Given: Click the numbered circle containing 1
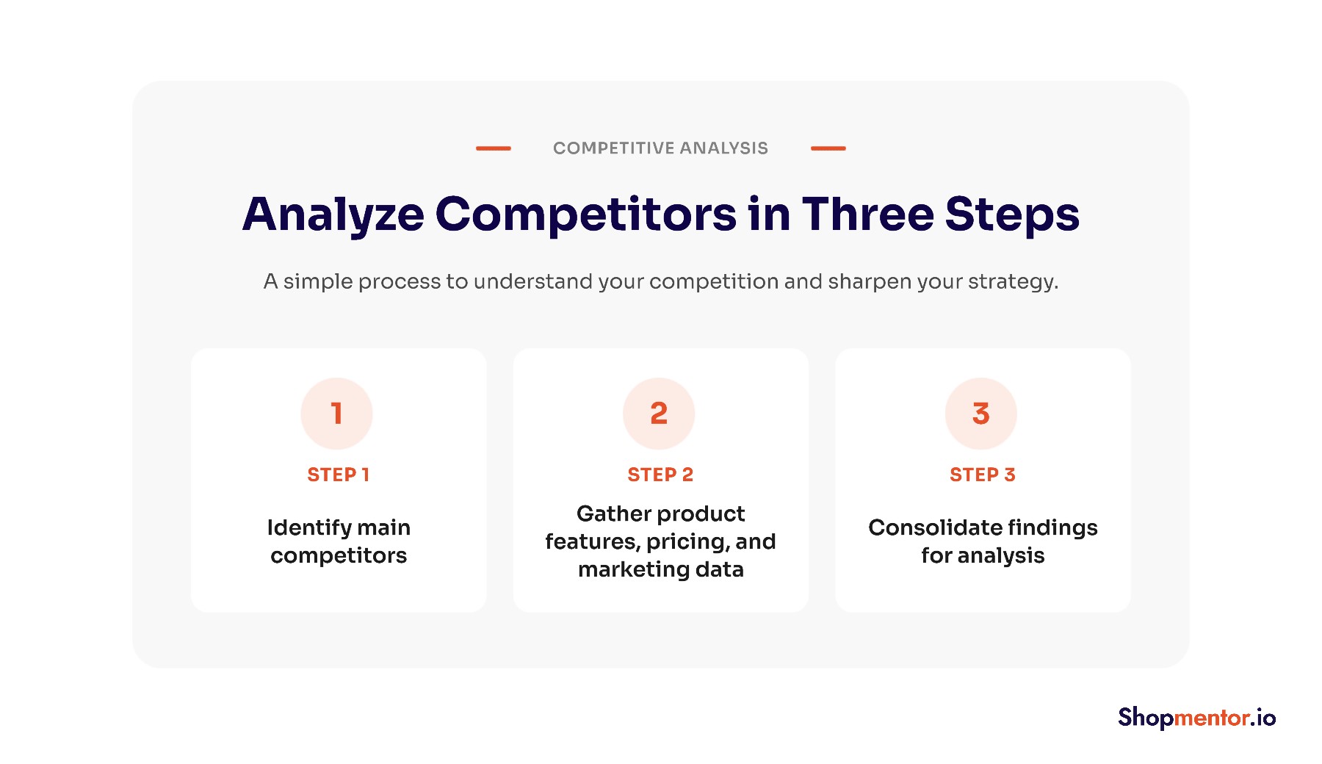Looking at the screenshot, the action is click(336, 414).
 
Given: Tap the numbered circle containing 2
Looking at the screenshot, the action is click(659, 414).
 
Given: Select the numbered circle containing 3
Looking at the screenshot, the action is click(981, 414).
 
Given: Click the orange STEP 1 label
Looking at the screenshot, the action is click(338, 475).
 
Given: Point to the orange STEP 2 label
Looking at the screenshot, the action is click(660, 475).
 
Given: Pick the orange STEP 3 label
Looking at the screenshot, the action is click(983, 475).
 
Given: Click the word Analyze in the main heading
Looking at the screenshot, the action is click(333, 215).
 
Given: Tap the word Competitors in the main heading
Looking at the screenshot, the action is click(586, 215).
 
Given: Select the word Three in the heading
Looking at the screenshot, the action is click(867, 214).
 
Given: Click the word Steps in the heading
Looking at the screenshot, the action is click(1012, 215).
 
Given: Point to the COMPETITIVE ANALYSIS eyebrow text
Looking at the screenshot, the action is click(660, 148).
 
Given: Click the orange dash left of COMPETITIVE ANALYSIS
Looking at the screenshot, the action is click(494, 148).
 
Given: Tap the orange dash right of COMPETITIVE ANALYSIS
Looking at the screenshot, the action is click(828, 148).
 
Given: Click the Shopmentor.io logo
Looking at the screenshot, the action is click(1197, 718).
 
